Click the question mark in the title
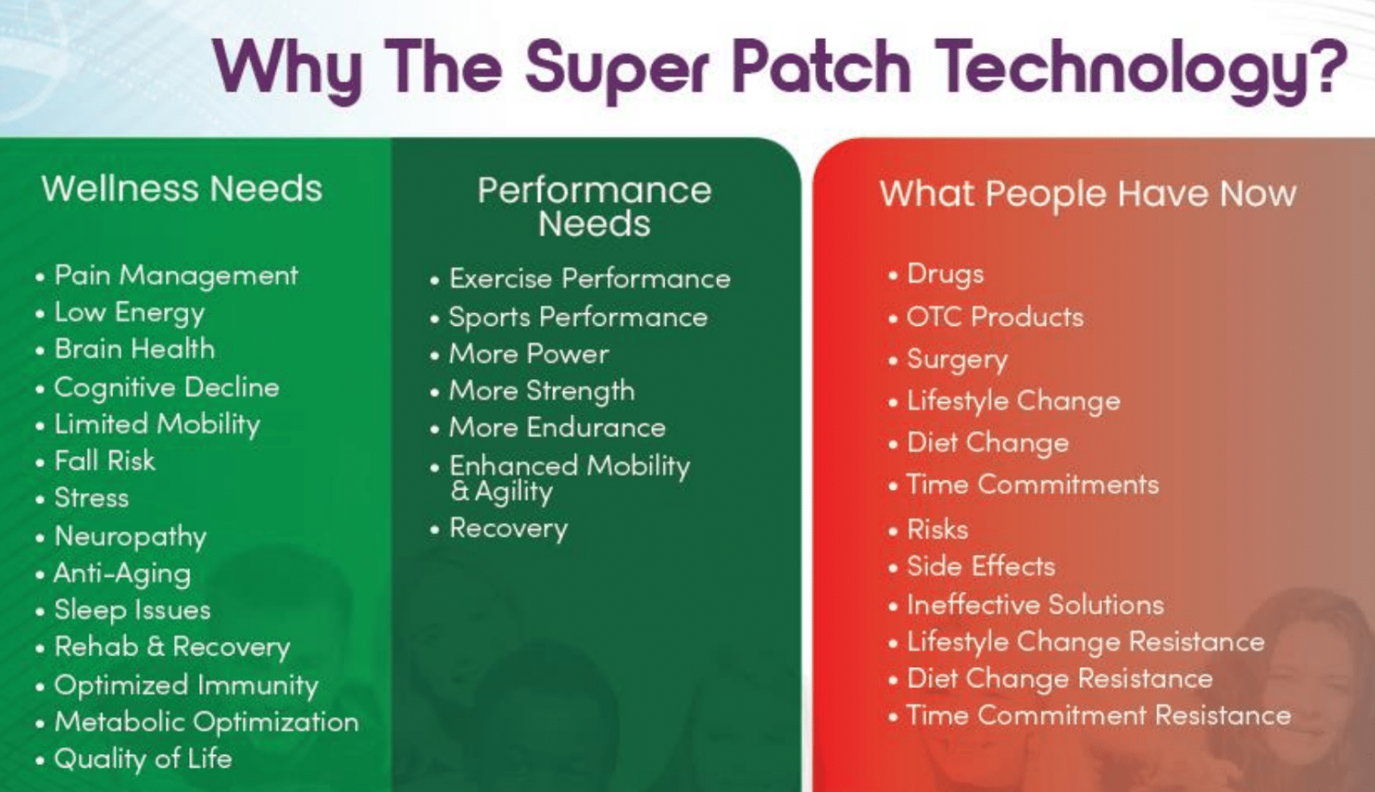coord(1326,66)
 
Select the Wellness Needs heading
coord(182,188)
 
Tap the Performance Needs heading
coord(595,206)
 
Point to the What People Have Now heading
coord(1088,194)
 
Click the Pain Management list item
coord(177,275)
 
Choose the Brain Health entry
coord(134,349)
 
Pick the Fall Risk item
coord(105,460)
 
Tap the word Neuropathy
coord(130,536)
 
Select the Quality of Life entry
coord(143,759)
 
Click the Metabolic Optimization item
coord(206,722)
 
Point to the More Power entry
coord(529,354)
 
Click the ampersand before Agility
coord(459,491)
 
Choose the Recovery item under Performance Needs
coord(508,529)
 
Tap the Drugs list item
coord(945,274)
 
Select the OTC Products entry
coord(995,317)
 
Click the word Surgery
coord(957,360)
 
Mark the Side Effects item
coord(981,566)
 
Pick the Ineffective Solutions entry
coord(1035,605)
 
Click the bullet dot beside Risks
coord(893,530)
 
